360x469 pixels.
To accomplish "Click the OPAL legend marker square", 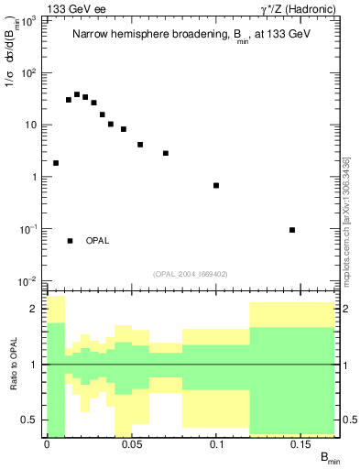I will [x=70, y=240].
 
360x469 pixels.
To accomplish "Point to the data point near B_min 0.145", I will [x=292, y=230].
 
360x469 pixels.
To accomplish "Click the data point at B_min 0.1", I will [x=216, y=186].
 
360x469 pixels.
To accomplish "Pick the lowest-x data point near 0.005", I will [x=56, y=163].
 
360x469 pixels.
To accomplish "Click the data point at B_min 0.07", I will [x=166, y=153].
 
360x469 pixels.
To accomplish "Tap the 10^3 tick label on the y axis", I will [x=27, y=21].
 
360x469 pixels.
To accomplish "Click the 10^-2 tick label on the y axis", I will [x=27, y=281].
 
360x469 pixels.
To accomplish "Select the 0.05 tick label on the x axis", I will [x=132, y=445].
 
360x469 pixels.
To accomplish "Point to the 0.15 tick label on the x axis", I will [x=301, y=445].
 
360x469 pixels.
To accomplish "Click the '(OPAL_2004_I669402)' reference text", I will [x=191, y=273].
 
